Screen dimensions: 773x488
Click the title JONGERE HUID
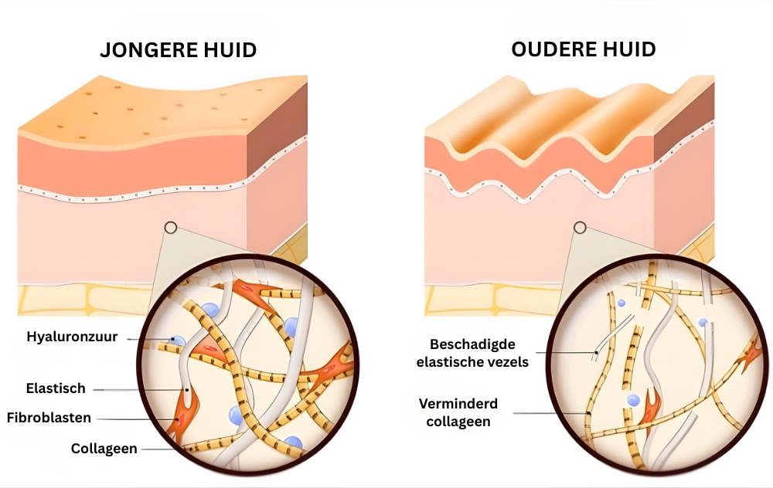[178, 49]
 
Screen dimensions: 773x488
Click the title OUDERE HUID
[583, 49]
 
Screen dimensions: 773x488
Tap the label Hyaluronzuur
[72, 337]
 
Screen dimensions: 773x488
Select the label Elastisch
[56, 388]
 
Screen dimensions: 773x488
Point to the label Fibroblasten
[49, 418]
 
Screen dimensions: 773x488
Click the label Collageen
[104, 449]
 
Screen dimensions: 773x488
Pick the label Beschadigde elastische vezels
[472, 353]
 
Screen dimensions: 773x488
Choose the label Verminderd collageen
[458, 412]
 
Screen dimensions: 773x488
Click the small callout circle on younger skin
[171, 228]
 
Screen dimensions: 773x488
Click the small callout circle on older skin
[580, 228]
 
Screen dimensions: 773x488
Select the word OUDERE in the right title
[549, 49]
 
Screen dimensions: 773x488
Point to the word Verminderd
[458, 404]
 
